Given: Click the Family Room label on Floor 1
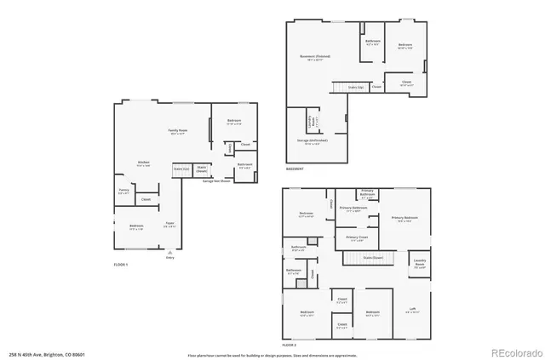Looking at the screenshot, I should (x=178, y=131).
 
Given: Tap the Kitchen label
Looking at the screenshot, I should (x=144, y=163).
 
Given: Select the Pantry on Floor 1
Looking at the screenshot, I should (x=123, y=191).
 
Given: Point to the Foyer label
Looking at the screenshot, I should (x=170, y=226).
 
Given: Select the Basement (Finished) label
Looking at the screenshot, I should (x=315, y=57).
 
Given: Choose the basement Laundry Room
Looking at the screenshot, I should (x=312, y=119).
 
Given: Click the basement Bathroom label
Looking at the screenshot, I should (x=372, y=43).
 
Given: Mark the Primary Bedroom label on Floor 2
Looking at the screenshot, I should (x=404, y=219).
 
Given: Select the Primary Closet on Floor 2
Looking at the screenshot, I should (x=357, y=238).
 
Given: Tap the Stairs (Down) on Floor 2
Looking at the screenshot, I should (x=373, y=256).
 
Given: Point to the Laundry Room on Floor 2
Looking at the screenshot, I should (x=420, y=263).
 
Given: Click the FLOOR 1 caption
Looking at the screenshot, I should (x=121, y=265).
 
